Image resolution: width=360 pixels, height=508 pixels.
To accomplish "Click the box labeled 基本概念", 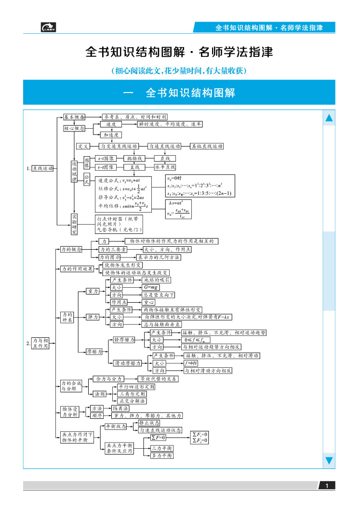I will [74, 117].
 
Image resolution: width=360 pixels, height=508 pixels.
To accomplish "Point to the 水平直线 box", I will [165, 167].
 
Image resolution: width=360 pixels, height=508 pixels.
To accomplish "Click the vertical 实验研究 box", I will [74, 225].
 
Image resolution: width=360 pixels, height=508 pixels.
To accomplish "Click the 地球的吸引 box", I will [157, 280].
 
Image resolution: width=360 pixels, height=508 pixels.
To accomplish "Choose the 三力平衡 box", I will [161, 448].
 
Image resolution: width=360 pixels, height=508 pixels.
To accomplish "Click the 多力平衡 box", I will [161, 455].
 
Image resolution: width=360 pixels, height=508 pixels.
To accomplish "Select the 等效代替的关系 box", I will [158, 379].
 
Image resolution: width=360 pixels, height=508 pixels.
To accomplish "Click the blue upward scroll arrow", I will [329, 118].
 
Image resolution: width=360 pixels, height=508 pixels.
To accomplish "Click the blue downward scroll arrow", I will [329, 460].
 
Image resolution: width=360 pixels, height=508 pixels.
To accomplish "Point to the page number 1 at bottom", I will [327, 485].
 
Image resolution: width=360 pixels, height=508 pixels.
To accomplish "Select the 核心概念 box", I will [74, 128].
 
